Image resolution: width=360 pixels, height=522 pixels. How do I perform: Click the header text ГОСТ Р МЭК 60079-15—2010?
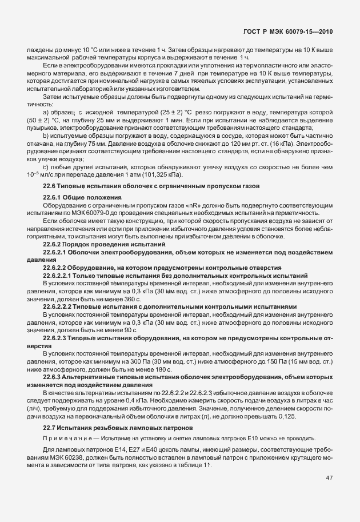coord(298,33)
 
